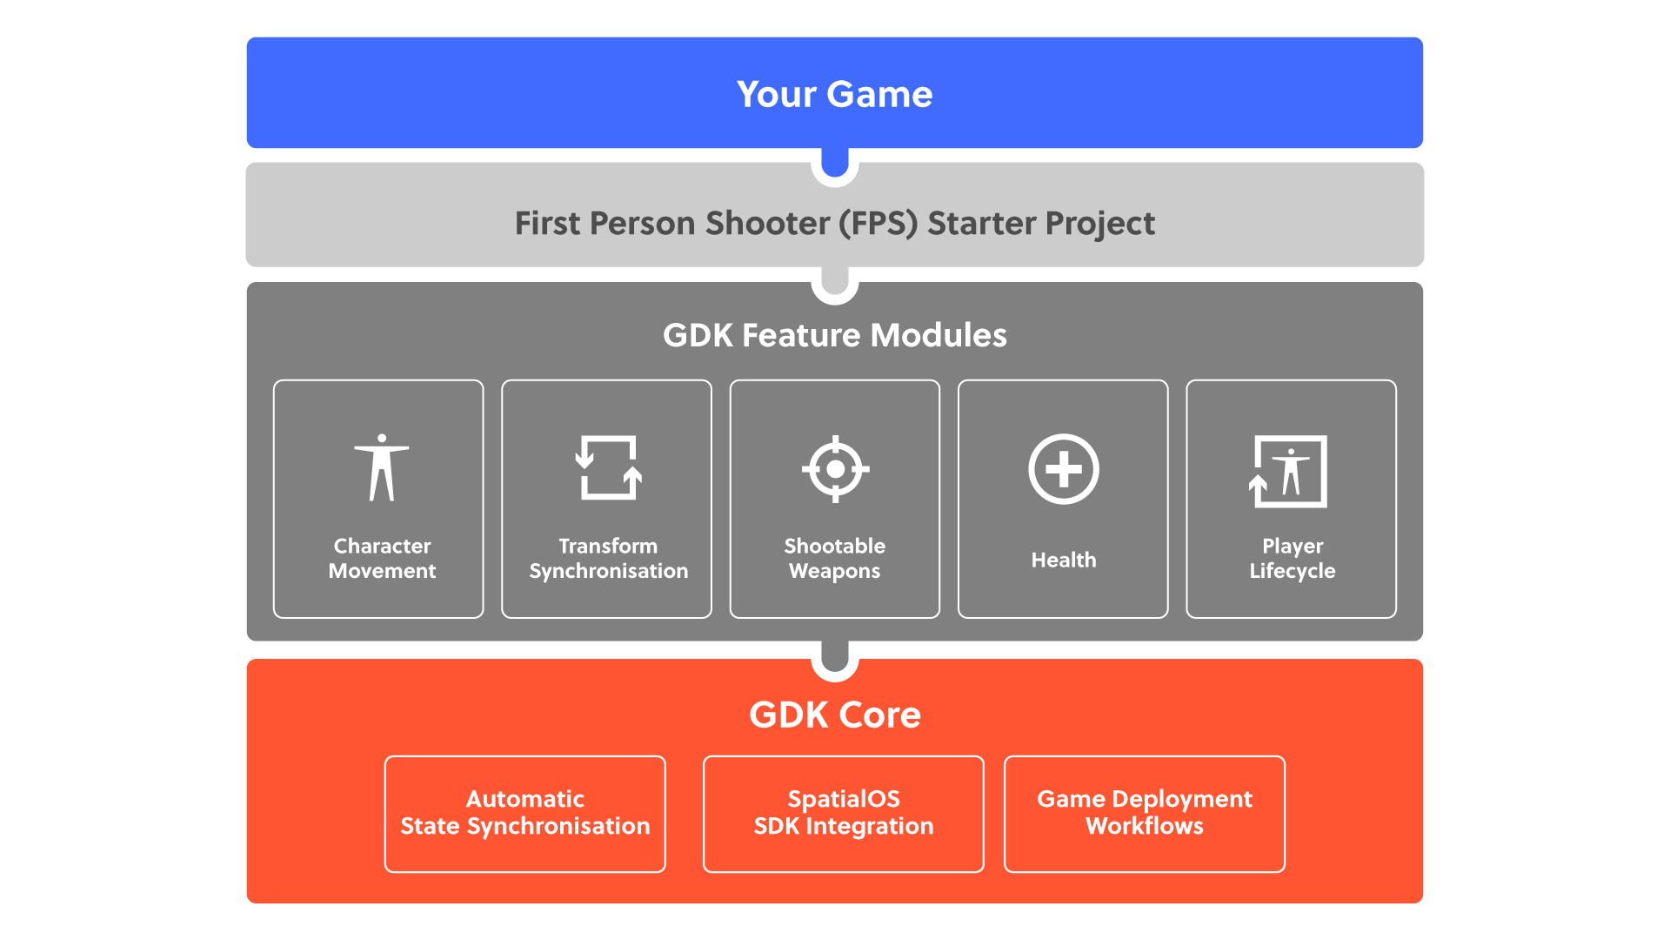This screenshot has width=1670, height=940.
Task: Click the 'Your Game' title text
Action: [x=834, y=94]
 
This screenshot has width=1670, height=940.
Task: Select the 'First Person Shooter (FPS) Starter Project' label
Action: [x=834, y=224]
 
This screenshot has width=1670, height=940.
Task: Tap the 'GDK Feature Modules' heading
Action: [x=834, y=335]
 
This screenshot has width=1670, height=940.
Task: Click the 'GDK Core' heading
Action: [x=834, y=715]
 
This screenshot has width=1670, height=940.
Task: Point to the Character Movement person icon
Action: [x=382, y=467]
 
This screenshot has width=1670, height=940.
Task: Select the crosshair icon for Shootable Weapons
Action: [x=835, y=469]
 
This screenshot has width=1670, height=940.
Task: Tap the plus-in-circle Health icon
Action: [x=1064, y=468]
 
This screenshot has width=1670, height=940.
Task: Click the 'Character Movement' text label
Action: [x=382, y=558]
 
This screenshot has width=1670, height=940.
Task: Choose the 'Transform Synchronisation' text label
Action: [x=608, y=558]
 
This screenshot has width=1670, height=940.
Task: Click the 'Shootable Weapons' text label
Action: [x=834, y=558]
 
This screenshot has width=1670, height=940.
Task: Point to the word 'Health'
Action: [x=1064, y=560]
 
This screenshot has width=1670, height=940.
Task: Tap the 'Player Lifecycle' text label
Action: [x=1293, y=558]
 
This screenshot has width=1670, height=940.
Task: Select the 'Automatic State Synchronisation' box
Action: [x=525, y=814]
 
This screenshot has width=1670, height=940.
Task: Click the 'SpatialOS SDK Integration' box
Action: [x=844, y=814]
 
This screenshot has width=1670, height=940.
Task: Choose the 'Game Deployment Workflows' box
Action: [x=1145, y=814]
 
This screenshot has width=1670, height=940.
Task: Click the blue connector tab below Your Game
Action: [x=835, y=162]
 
